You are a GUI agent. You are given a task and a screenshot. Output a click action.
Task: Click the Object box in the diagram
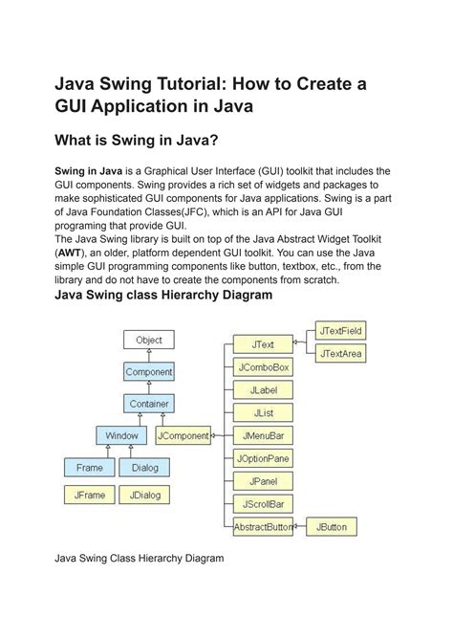[x=149, y=340]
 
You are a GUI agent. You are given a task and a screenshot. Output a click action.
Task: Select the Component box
[x=149, y=371]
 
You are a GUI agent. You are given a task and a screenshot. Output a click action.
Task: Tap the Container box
[x=149, y=404]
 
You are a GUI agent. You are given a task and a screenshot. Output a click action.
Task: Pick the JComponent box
[x=183, y=435]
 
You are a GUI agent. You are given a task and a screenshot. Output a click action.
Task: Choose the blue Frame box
[x=90, y=468]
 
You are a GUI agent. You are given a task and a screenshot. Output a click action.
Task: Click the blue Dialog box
[x=144, y=468]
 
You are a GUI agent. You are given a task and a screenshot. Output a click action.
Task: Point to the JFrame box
[x=90, y=496]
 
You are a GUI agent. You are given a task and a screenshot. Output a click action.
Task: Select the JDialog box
[x=144, y=496]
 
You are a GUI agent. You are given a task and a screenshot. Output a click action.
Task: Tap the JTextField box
[x=342, y=331]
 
